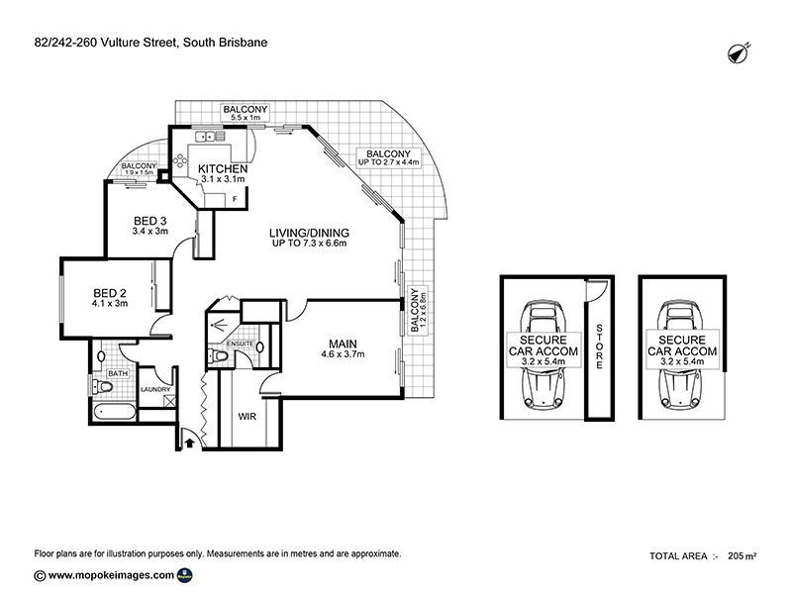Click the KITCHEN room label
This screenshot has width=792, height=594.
click(x=223, y=168)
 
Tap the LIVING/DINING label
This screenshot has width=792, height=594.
click(x=309, y=233)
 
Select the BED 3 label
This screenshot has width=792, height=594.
click(x=150, y=221)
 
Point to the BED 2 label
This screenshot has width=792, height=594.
click(x=110, y=293)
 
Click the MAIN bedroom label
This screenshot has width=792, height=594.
click(x=343, y=344)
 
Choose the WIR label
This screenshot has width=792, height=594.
click(x=247, y=417)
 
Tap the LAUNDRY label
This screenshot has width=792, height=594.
click(x=155, y=389)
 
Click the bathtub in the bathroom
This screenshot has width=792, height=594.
click(x=115, y=412)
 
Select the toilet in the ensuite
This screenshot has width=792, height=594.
click(x=218, y=355)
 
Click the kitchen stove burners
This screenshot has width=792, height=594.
click(x=180, y=160)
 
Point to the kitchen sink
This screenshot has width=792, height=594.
click(x=210, y=136)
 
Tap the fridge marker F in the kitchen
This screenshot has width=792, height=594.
click(x=235, y=199)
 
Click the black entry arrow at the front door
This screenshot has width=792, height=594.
click(x=189, y=443)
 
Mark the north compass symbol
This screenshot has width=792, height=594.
click(x=739, y=52)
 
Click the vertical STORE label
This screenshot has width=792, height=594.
click(x=599, y=346)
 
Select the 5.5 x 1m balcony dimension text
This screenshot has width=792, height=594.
click(x=246, y=118)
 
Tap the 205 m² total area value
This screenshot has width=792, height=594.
click(x=742, y=556)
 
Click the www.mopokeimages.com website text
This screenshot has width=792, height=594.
click(x=111, y=575)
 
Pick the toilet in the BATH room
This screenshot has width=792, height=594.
click(x=102, y=387)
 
